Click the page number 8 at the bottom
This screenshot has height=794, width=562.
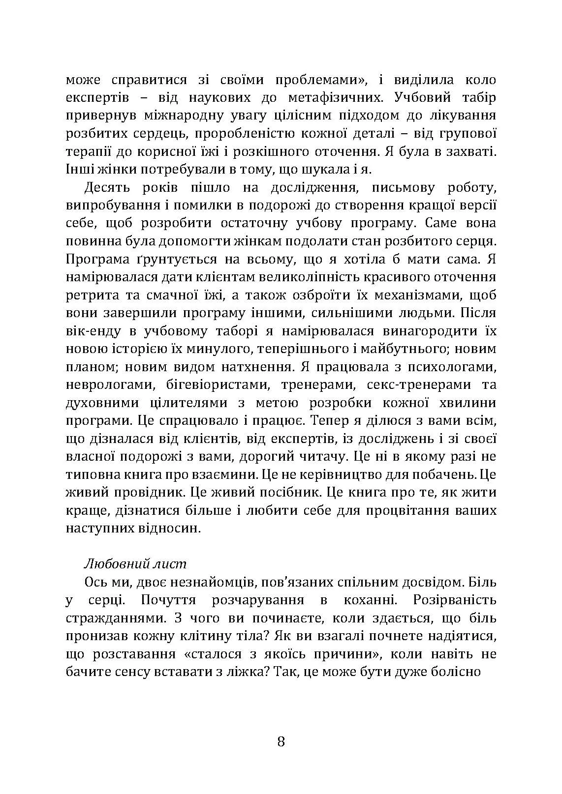click(x=281, y=741)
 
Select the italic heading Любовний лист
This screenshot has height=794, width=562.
click(x=136, y=563)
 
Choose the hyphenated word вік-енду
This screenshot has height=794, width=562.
click(x=94, y=330)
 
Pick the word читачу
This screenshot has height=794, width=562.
click(x=321, y=456)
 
